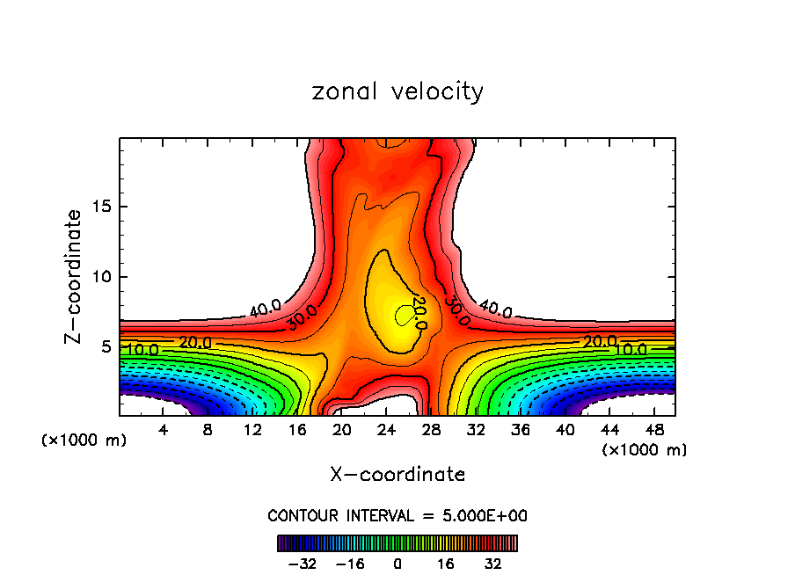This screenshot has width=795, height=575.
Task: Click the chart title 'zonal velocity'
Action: pyautogui.click(x=397, y=91)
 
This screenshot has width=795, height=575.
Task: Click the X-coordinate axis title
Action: pyautogui.click(x=397, y=475)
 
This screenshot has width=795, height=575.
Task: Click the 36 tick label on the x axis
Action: pyautogui.click(x=521, y=431)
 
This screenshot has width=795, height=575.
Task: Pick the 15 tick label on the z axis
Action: pyautogui.click(x=98, y=207)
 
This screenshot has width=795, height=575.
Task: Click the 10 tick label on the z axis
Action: pyautogui.click(x=98, y=277)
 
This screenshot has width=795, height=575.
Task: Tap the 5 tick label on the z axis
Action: pyautogui.click(x=103, y=346)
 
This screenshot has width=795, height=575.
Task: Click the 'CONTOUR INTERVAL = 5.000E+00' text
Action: pyautogui.click(x=397, y=515)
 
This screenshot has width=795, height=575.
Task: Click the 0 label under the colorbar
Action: pyautogui.click(x=397, y=564)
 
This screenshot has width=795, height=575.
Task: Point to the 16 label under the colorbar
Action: pyautogui.click(x=446, y=564)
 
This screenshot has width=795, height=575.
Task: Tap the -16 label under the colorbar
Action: pyautogui.click(x=350, y=564)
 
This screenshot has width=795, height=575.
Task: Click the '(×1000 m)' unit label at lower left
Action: pyautogui.click(x=84, y=440)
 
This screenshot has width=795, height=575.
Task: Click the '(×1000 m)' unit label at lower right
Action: pyautogui.click(x=645, y=450)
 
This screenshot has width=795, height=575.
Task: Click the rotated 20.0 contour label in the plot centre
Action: pyautogui.click(x=419, y=314)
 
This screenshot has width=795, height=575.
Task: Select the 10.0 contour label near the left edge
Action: pyautogui.click(x=141, y=350)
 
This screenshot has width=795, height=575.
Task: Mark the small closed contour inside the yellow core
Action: pyautogui.click(x=404, y=314)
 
